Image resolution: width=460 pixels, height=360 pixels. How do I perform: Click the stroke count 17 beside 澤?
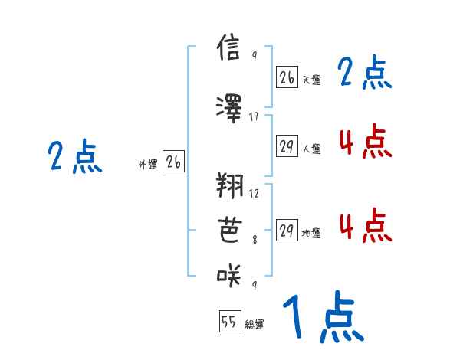click(x=255, y=116)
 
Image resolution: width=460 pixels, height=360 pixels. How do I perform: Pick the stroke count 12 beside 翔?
click(x=255, y=193)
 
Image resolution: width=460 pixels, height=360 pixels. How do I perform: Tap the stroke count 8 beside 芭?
click(x=255, y=238)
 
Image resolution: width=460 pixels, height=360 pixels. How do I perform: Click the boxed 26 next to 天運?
click(x=287, y=77)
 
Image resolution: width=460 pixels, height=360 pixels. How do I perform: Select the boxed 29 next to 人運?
click(x=287, y=146)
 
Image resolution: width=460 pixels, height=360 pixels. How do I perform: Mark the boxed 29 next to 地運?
click(x=287, y=231)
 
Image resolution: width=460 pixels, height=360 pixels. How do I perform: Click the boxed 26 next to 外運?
click(x=173, y=162)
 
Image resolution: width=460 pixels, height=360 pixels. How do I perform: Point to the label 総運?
click(x=255, y=325)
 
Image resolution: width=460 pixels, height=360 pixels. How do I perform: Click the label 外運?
click(x=147, y=164)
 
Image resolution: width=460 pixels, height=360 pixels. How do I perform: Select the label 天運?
click(x=311, y=80)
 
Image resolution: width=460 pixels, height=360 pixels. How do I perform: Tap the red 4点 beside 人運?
click(x=364, y=141)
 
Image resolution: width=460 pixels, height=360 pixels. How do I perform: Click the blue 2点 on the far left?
click(x=74, y=158)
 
